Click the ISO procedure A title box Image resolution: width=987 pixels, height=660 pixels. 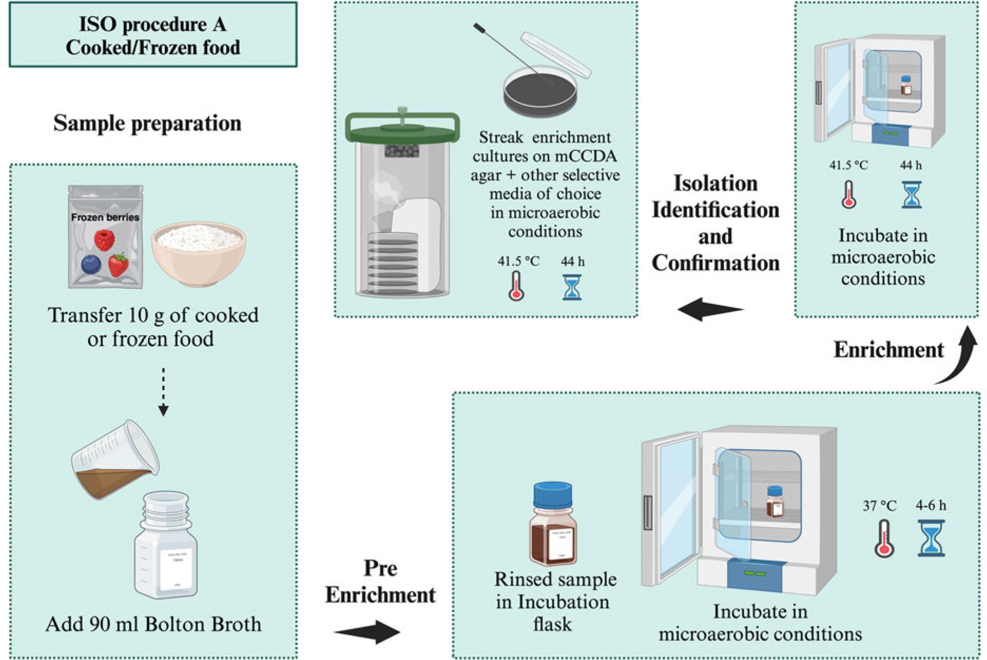pyautogui.click(x=152, y=35)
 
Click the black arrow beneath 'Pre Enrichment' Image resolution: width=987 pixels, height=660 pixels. pyautogui.click(x=368, y=632)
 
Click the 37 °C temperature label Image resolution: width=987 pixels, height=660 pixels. pyautogui.click(x=879, y=506)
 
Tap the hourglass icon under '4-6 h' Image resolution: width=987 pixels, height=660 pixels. pyautogui.click(x=931, y=538)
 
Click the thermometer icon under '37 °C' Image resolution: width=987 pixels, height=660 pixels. pyautogui.click(x=884, y=538)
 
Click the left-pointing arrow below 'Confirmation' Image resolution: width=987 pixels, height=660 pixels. pyautogui.click(x=710, y=309)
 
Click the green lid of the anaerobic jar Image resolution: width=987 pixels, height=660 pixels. pyautogui.click(x=402, y=128)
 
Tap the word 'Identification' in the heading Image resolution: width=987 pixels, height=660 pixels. pyautogui.click(x=715, y=210)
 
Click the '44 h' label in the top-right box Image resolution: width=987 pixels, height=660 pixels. pyautogui.click(x=911, y=166)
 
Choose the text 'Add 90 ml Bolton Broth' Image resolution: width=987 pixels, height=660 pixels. pyautogui.click(x=153, y=624)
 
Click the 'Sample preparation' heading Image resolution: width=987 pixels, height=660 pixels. pyautogui.click(x=147, y=123)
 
